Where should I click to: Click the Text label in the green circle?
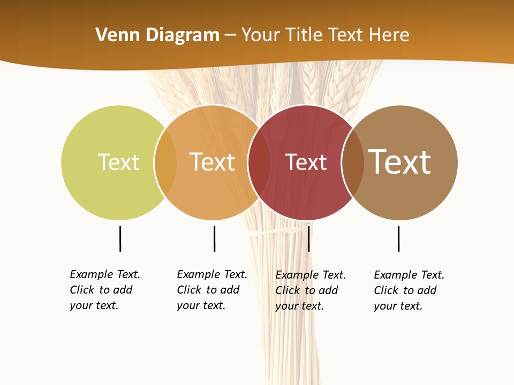[x=118, y=162]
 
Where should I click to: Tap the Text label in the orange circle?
[x=212, y=162]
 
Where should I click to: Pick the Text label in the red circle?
[x=306, y=162]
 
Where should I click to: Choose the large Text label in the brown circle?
[x=399, y=162]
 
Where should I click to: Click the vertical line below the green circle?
[x=120, y=238]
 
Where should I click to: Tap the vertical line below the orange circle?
[x=214, y=238]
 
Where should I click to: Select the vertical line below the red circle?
[x=308, y=238]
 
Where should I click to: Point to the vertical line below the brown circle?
[x=398, y=238]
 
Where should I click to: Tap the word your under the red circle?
[x=285, y=306]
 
